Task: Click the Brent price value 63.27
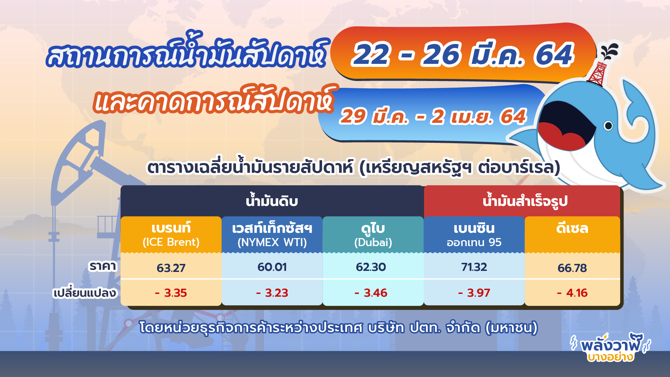(x=171, y=268)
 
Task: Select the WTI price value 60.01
(x=272, y=267)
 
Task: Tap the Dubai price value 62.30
(x=371, y=267)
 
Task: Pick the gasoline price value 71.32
(x=474, y=267)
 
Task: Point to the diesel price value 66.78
(x=572, y=268)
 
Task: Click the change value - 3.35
(x=171, y=293)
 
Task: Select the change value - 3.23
(x=272, y=293)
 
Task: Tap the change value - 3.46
(x=371, y=293)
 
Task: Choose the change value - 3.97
(x=474, y=293)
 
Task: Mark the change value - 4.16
(x=572, y=293)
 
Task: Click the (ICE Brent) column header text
(x=171, y=242)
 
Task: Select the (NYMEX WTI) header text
(x=272, y=242)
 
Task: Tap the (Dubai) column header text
(x=373, y=242)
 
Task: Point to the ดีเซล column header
(x=572, y=229)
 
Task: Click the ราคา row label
(x=103, y=266)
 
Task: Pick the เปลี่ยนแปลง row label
(x=84, y=293)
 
